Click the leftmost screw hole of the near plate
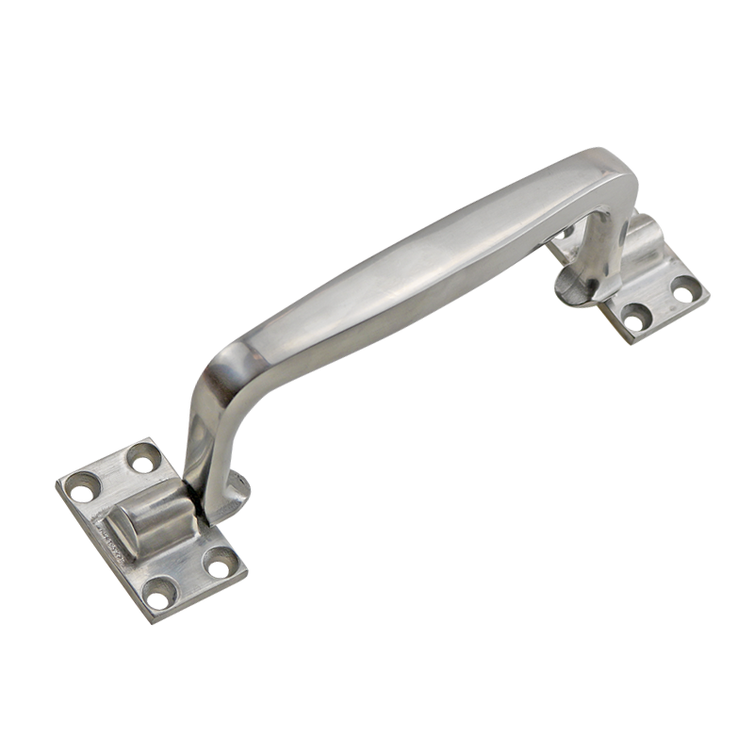tap(83, 487)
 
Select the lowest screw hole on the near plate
tap(160, 595)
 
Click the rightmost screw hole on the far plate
tap(685, 291)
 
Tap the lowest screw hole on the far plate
tap(637, 317)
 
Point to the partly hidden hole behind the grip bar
tap(567, 232)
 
